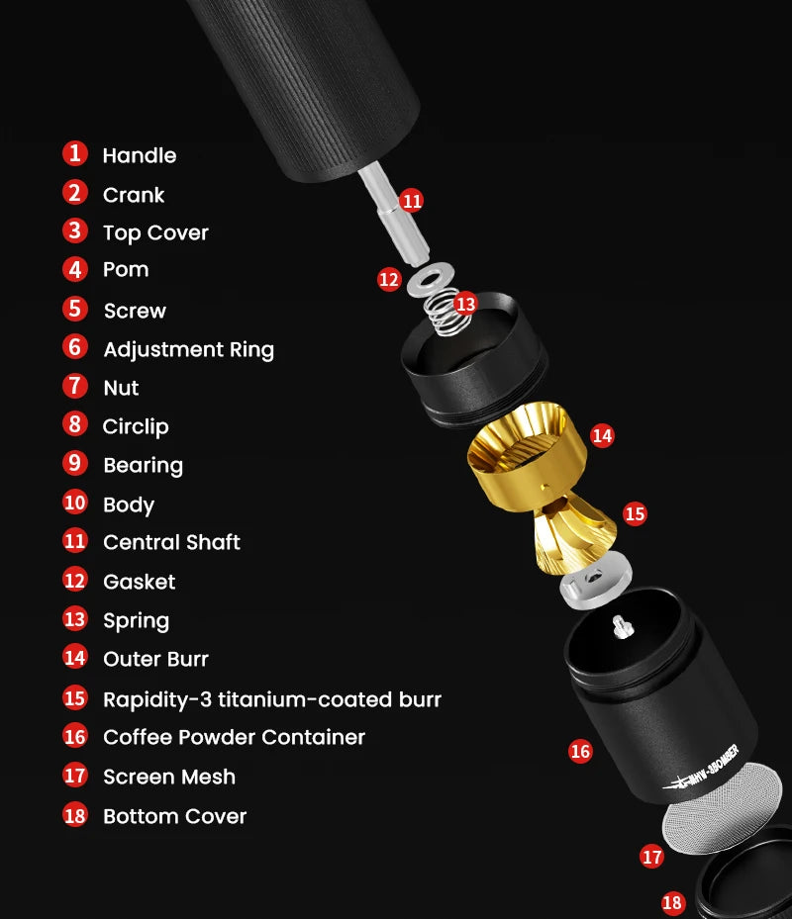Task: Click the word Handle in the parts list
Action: click(139, 155)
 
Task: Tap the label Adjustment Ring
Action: click(188, 350)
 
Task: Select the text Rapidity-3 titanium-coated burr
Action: click(271, 699)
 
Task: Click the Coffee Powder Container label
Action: click(234, 737)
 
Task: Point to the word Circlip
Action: click(136, 426)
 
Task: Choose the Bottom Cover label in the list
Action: click(175, 816)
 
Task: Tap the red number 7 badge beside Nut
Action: click(75, 386)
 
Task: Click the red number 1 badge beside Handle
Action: click(75, 153)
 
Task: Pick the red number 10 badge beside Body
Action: click(75, 503)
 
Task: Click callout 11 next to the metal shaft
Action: click(412, 201)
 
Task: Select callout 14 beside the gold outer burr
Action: click(602, 435)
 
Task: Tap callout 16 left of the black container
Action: click(580, 751)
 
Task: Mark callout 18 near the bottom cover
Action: click(672, 902)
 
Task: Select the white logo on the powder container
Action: click(703, 768)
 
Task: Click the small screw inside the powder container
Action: click(622, 627)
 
